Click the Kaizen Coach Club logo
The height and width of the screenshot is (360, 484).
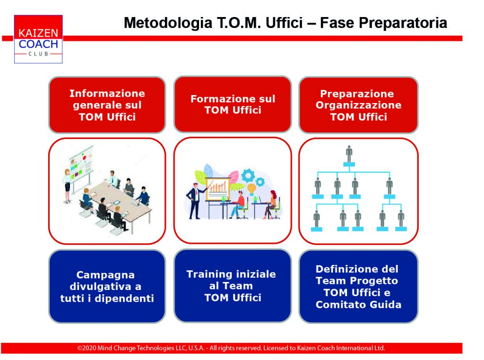point(38,39)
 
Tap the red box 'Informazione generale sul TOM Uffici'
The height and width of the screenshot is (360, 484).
point(107,105)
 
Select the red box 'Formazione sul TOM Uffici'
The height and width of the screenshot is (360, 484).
point(233,105)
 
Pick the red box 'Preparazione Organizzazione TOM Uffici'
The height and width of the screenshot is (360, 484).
point(358,105)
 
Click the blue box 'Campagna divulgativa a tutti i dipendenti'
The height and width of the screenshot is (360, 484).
point(107,287)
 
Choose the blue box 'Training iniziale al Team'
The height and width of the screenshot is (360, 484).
point(233,286)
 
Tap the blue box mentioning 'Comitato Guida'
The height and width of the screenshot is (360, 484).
point(358,287)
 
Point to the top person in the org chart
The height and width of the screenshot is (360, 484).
point(349,154)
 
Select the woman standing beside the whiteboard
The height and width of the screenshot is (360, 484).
point(67,185)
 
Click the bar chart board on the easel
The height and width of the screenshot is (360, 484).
point(217,189)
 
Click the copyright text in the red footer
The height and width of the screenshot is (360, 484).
point(231,348)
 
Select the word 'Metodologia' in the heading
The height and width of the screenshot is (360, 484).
point(168,23)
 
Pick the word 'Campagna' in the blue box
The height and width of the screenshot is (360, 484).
point(105,275)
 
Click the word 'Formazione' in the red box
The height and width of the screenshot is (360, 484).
point(221,99)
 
